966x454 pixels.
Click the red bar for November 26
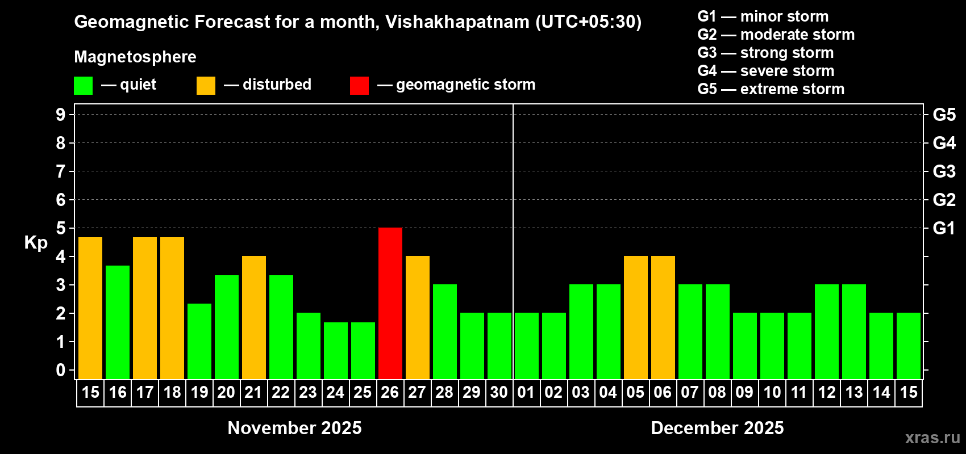coord(390,303)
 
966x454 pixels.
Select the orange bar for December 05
coord(636,317)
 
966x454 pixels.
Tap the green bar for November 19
coord(199,341)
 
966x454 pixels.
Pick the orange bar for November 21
coord(254,317)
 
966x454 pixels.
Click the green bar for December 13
coord(854,331)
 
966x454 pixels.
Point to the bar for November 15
coord(90,308)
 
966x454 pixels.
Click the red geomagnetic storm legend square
coord(359,86)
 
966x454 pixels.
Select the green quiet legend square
coord(84,86)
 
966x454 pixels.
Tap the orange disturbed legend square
coord(206,86)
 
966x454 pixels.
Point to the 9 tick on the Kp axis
coord(61,115)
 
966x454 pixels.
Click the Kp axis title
coord(36,243)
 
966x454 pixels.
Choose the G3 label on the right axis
coord(944,171)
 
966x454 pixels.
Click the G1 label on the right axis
coord(944,228)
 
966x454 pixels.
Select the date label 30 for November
coord(499,393)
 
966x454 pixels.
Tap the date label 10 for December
coord(772,393)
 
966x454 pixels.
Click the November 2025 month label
coord(294,428)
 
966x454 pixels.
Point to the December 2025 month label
coord(717,428)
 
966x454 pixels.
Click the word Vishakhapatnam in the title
coord(457,22)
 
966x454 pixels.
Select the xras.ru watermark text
coord(932,438)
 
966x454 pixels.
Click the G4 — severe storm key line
coord(766,71)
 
